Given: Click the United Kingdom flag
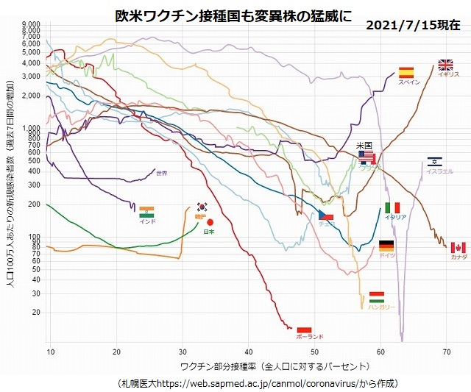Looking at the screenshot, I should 446,65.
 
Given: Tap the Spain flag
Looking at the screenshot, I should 407,72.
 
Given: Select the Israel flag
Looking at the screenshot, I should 434,162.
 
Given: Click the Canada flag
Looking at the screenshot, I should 458,247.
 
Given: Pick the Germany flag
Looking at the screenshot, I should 386,245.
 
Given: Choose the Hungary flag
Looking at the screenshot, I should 377,296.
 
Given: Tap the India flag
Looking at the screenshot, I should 147,211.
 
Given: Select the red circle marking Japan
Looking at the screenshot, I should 210,222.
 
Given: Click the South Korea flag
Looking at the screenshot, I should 202,207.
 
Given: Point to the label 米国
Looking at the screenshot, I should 364,146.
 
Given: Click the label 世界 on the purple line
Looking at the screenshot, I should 162,174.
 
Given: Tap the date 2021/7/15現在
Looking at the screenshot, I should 413,25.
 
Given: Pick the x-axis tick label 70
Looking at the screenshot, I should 447,352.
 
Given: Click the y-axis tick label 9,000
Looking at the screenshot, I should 32,24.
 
